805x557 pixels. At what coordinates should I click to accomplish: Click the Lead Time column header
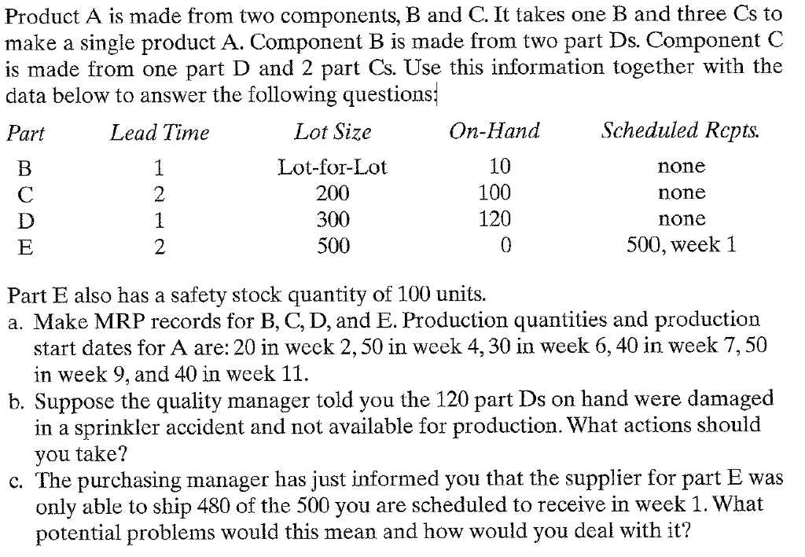click(160, 133)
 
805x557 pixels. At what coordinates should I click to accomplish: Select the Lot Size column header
click(333, 132)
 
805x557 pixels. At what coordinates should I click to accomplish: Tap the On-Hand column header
click(494, 131)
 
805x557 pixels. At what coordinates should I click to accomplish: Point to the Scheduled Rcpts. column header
click(670, 131)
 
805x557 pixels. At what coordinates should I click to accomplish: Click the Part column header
click(26, 133)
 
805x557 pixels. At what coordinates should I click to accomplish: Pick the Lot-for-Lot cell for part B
click(333, 167)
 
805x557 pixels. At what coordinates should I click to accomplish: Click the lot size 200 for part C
click(333, 193)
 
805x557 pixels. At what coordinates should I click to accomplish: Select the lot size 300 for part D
click(333, 219)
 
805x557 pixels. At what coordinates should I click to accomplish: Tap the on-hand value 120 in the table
click(494, 219)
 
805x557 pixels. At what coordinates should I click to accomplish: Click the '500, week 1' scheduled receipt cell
click(682, 245)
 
